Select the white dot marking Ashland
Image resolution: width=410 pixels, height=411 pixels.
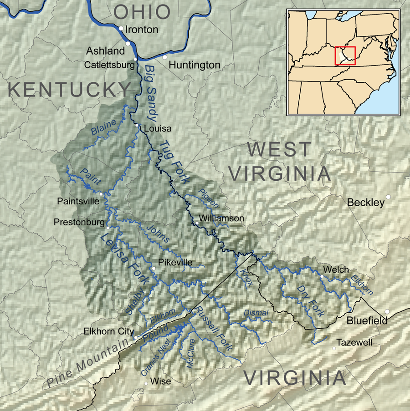pos(128,44)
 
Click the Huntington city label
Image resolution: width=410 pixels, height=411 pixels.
pos(194,65)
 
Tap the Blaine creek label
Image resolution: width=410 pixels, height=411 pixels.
pos(103,127)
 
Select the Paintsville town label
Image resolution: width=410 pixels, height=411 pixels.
pos(77,201)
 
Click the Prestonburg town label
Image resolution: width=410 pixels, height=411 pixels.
pos(78,223)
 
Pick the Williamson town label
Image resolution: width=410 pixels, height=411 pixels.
pos(221,218)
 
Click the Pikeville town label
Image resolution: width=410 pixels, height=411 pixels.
pos(175,263)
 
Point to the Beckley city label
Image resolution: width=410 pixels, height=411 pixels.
pos(365,203)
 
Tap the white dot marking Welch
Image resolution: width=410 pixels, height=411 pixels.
pos(322,277)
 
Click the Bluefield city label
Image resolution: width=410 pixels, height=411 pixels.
pos(367,321)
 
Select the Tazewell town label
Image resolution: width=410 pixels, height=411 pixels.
pos(354,342)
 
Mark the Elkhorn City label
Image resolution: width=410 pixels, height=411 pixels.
pos(108,331)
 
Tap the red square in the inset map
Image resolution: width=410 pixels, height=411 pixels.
pos(345,56)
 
